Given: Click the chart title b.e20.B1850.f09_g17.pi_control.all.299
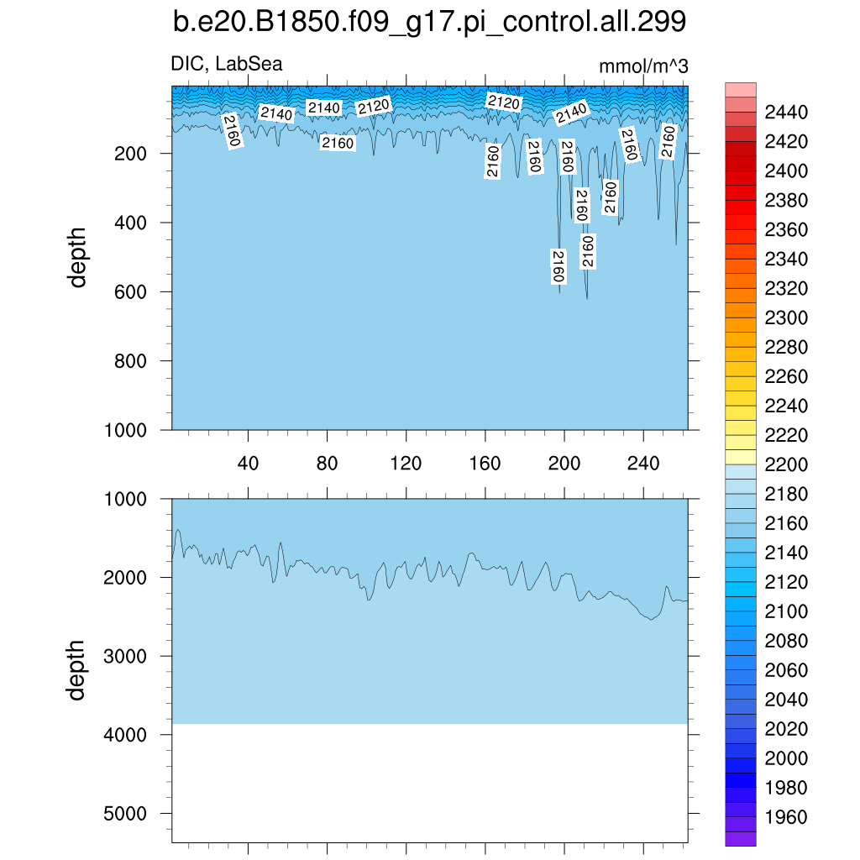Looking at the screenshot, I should point(429,23).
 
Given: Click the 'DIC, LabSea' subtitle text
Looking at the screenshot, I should point(227,64).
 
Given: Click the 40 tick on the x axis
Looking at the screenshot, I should point(248,464).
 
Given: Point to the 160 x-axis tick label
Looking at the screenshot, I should point(485,464).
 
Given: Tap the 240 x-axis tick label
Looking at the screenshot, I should point(643,464).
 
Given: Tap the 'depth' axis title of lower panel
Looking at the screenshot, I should point(77,669).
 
